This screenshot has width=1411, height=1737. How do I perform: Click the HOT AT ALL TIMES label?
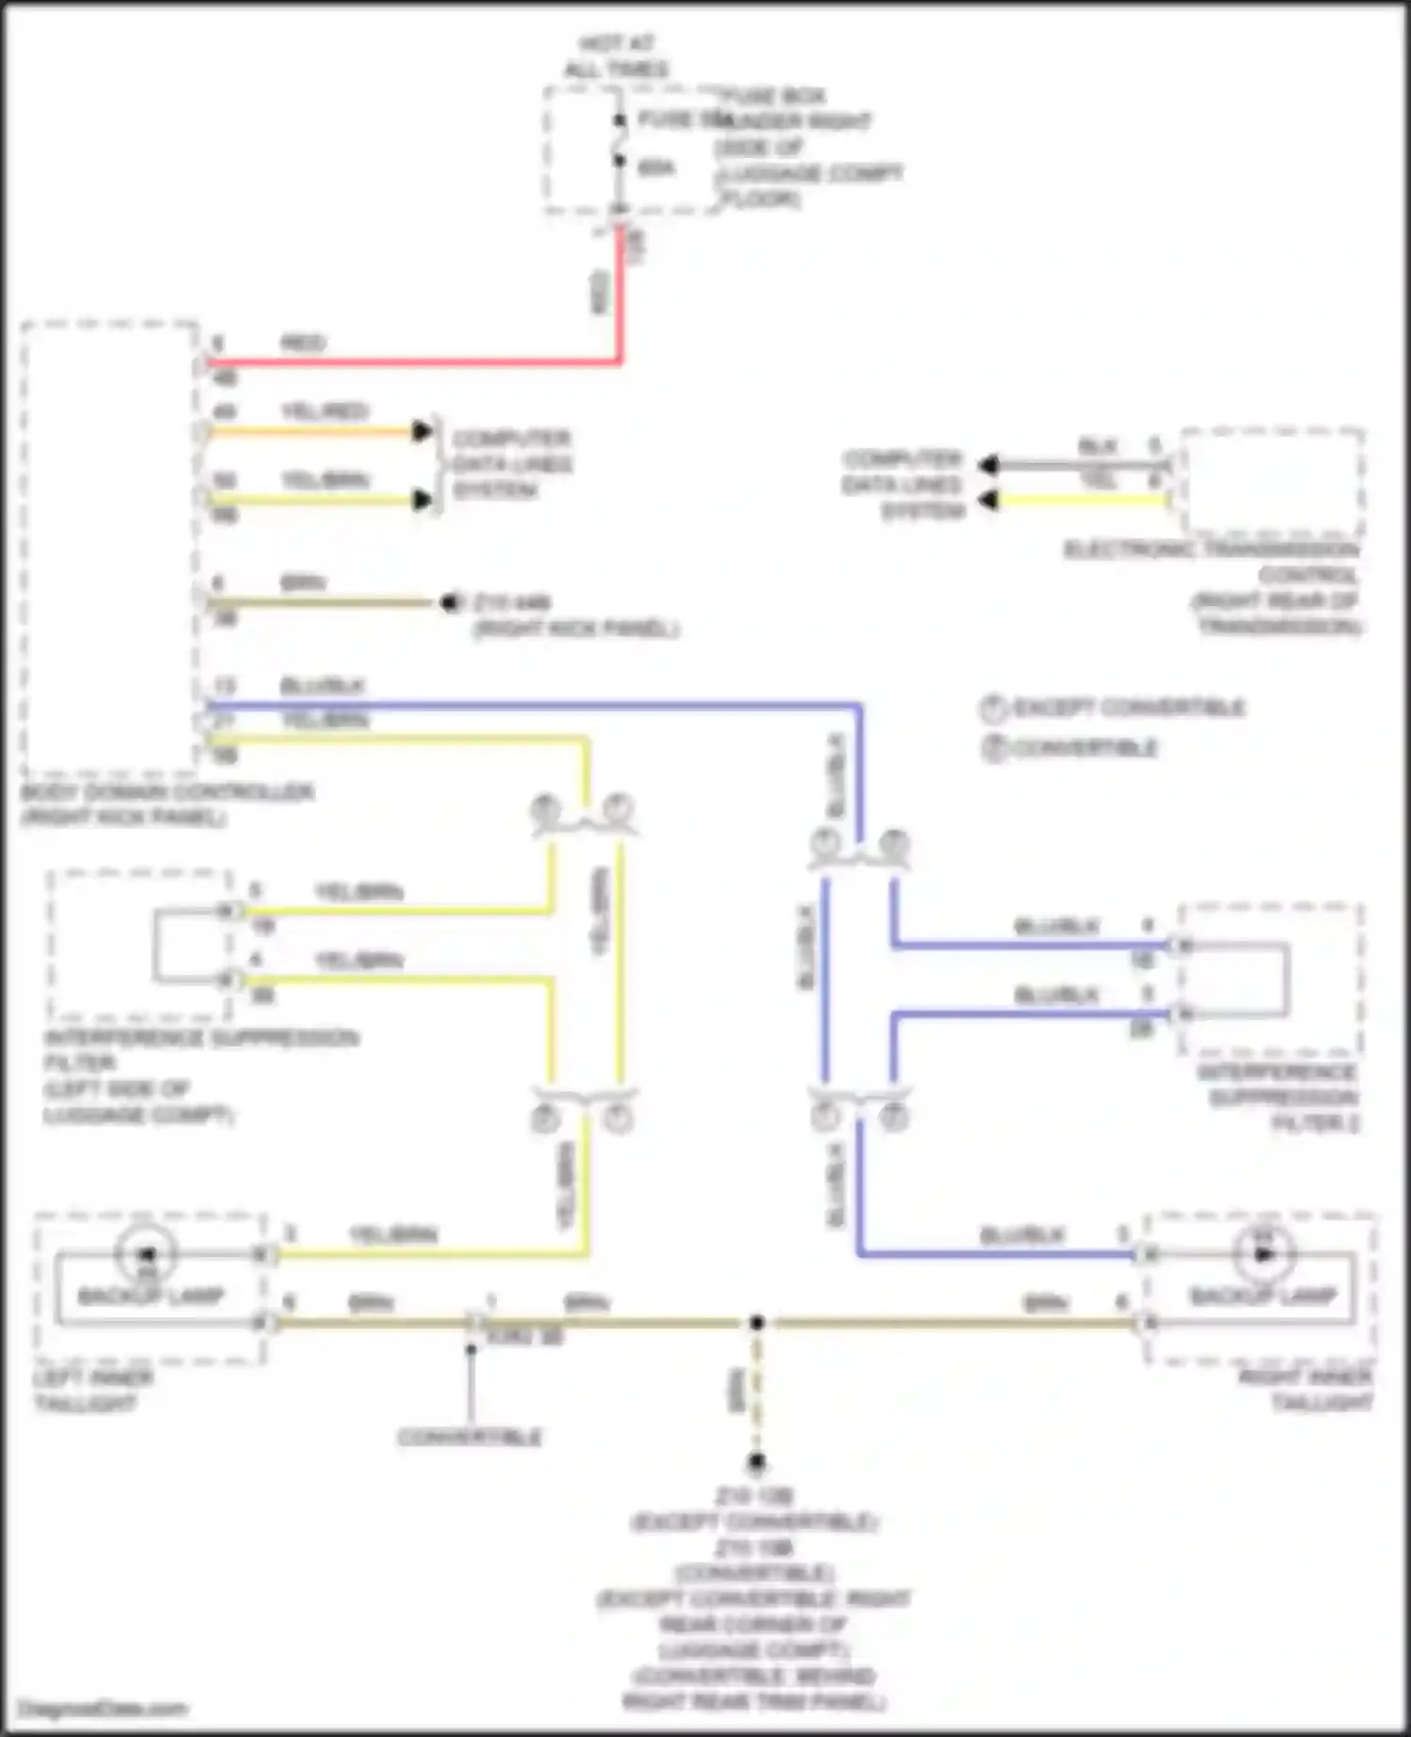616,56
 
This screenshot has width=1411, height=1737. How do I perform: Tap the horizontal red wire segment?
414,362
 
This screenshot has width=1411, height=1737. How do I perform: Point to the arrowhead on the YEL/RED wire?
422,432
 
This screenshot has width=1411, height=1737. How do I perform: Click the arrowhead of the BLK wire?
988,465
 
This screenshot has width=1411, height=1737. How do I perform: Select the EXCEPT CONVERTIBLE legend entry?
1115,709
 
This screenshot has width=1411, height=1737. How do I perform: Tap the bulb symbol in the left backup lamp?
146,1254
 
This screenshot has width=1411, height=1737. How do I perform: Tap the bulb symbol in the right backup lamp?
1262,1254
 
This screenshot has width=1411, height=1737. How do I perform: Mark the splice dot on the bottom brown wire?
756,1323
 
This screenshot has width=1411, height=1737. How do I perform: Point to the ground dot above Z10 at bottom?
756,1462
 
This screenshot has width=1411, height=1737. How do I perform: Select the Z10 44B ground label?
513,602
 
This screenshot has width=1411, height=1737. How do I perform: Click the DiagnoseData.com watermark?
103,1709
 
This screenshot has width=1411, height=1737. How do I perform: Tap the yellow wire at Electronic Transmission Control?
1082,500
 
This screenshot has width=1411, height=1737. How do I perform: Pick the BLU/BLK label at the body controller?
322,686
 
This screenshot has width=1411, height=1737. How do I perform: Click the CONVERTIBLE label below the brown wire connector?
469,1437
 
